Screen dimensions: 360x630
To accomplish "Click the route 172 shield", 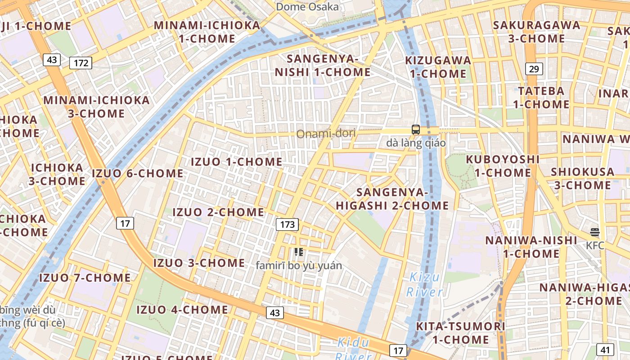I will [81, 63].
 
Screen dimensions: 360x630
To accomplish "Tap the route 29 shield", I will [534, 69].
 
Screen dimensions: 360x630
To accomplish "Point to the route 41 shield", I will [605, 349].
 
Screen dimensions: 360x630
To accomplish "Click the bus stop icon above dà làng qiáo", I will [416, 130].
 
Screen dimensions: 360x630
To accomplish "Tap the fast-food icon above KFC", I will [595, 232].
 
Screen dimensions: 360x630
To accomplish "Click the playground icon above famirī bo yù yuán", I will [298, 252].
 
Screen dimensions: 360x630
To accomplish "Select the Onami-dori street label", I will [326, 134].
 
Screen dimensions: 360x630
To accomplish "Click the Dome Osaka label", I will [307, 7].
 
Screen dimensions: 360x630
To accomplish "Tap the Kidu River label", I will [354, 349].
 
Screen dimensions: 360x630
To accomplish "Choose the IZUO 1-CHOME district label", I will [237, 162].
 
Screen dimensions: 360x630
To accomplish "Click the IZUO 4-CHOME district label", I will [182, 310].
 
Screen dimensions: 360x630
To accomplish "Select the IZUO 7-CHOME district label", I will [85, 278].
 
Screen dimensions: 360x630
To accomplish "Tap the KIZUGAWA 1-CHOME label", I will [438, 67].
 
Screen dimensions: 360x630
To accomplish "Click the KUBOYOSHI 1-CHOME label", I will [503, 166].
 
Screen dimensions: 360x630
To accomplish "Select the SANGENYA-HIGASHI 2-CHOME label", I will [392, 199].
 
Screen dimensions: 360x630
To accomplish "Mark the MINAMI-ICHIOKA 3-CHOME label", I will [96, 107].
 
